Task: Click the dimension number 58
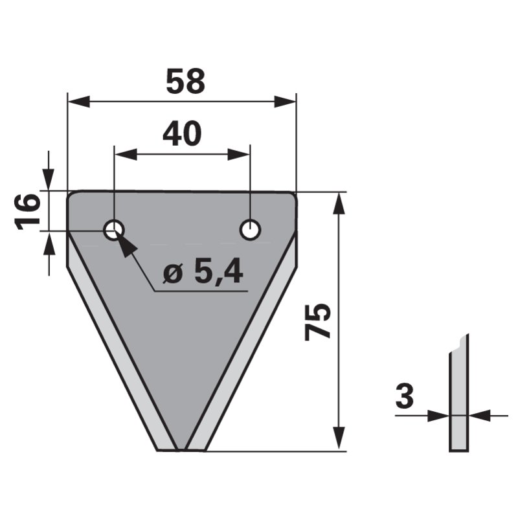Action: click(185, 82)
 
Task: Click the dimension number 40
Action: click(182, 133)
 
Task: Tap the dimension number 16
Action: click(27, 212)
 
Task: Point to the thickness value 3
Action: click(404, 396)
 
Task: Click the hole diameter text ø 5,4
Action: click(203, 273)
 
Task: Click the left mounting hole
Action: click(114, 230)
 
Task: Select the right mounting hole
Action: click(251, 230)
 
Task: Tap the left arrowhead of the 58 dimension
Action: click(78, 102)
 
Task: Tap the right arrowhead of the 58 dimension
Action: click(285, 102)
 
